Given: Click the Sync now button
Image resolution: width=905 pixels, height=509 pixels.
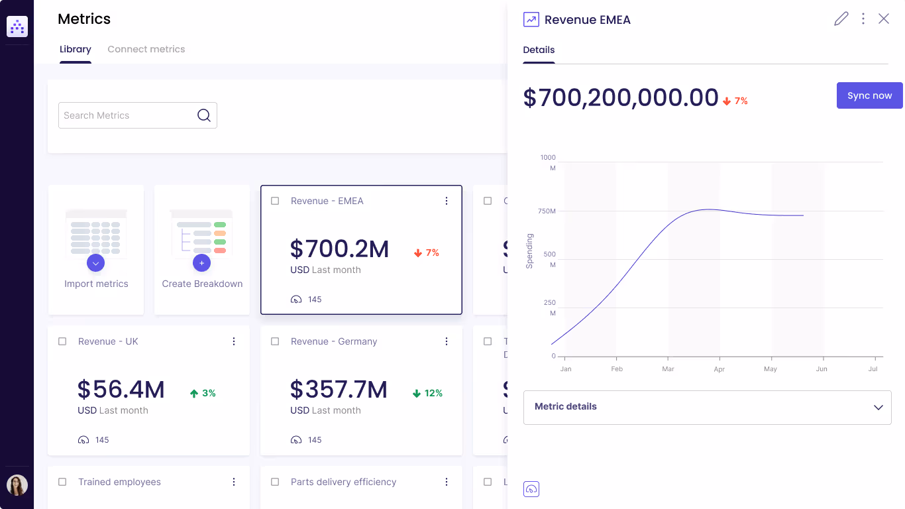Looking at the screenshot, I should coord(869,95).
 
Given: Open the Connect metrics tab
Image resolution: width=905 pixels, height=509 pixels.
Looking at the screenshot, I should coord(146,49).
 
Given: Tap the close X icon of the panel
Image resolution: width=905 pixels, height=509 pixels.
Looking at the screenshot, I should coord(884,19).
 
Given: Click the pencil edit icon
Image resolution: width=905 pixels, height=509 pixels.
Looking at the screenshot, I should coord(841,19).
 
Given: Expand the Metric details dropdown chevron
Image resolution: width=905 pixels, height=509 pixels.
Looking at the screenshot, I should coord(878,407).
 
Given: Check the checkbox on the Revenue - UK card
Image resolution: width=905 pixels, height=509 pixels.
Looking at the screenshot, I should coord(62,341).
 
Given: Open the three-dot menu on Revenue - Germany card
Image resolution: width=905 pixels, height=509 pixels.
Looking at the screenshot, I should coord(447,341).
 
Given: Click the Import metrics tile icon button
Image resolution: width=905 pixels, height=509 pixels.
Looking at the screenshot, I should coord(96,263).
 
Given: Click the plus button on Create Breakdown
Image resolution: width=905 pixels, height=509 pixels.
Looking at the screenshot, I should coord(201,263).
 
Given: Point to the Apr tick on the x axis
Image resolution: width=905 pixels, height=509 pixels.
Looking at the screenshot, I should coord(719,369).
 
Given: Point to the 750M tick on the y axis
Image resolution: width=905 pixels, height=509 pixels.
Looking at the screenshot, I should coord(547,211).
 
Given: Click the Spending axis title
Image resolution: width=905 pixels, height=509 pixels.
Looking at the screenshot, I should coord(529,251).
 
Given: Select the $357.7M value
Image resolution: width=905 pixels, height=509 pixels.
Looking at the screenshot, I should coord(339,390).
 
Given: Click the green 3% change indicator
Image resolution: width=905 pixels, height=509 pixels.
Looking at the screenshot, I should coord(203,393).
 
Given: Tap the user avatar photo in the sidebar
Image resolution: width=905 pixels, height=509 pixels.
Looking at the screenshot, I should coord(17,485).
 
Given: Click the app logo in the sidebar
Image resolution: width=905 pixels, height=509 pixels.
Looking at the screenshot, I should coord(17,27).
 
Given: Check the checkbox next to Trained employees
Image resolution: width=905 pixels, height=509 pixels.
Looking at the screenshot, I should coord(62,482).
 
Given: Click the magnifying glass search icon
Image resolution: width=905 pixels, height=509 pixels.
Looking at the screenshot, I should coord(204,115).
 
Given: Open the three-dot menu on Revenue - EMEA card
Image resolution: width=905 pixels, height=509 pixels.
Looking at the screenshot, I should coord(447,201).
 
